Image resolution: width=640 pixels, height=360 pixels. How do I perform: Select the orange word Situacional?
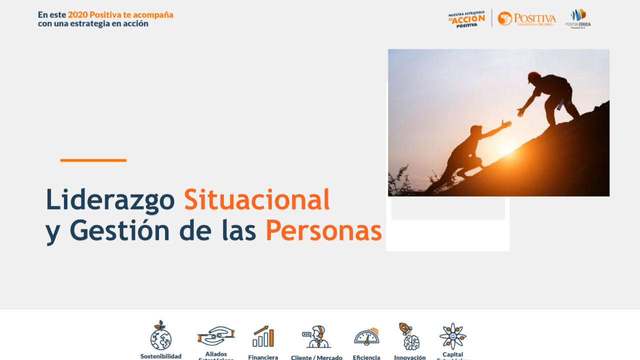coord(256,199)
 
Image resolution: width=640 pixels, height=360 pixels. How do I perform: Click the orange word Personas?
coord(323,231)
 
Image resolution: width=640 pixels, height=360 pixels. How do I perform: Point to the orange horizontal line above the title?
coord(93,160)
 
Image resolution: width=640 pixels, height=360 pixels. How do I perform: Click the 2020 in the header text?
coord(77,15)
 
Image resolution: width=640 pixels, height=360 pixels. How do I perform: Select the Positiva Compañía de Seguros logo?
coord(526,18)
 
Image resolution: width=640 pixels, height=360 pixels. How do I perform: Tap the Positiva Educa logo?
coord(578,18)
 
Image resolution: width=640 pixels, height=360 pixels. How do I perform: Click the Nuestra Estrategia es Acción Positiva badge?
coord(466,18)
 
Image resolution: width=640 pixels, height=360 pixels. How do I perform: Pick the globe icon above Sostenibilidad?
coord(160,336)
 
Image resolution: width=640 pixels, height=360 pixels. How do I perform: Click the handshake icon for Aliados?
coord(216,336)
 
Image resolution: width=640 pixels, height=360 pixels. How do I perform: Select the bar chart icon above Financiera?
coord(263,336)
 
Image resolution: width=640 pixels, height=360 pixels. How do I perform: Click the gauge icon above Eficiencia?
coord(366,336)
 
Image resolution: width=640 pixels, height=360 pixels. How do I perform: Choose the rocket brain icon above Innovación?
coord(409,336)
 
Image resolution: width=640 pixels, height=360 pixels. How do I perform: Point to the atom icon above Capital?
coord(452,336)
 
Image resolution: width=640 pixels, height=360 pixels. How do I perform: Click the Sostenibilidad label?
coord(160,356)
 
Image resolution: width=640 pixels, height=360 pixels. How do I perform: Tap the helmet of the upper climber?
coord(533,77)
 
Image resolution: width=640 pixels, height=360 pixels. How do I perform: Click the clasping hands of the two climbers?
coord(513,117)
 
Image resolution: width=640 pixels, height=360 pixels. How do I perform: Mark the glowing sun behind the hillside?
coord(507,148)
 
